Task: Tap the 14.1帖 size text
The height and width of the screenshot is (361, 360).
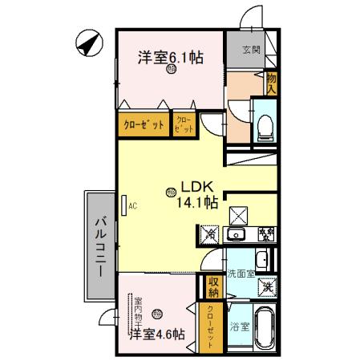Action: (x=199, y=202)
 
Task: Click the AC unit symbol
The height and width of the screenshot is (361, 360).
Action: (x=125, y=206)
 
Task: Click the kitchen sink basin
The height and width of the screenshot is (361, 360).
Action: (x=237, y=234)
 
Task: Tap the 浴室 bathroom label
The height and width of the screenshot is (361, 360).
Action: (x=239, y=327)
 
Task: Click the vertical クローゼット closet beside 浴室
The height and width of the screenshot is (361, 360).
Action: (x=210, y=327)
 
